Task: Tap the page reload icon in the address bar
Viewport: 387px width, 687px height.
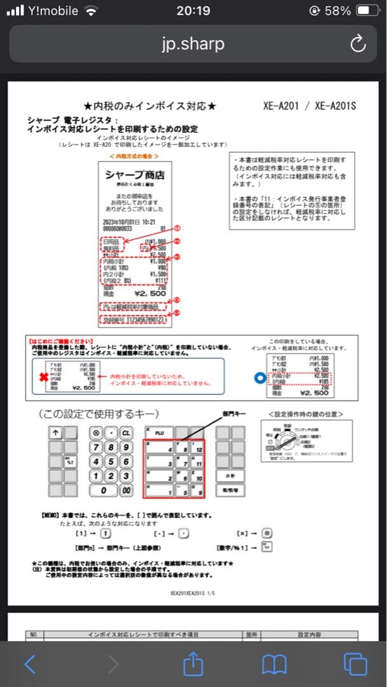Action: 358,44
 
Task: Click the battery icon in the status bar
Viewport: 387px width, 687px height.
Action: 368,11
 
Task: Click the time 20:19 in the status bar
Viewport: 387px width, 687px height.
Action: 193,11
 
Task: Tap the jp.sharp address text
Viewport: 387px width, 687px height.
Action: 193,44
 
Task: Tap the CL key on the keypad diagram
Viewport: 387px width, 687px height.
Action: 126,433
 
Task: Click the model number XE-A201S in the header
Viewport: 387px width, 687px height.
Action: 335,106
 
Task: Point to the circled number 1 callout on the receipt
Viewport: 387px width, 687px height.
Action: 178,227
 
